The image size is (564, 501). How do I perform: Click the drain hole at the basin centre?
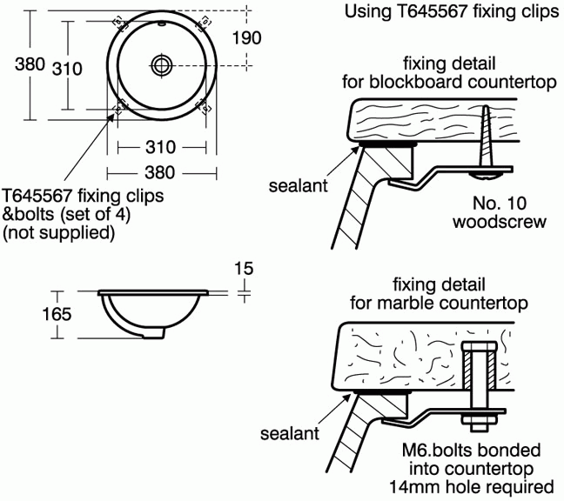click(162, 63)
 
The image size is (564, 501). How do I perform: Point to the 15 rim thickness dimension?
click(245, 269)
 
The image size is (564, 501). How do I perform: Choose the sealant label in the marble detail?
click(289, 431)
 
